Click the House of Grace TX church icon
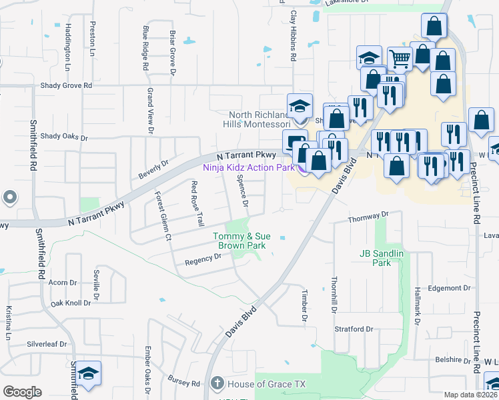pos(216,383)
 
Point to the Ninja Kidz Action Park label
pos(249,167)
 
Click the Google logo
pos(22,392)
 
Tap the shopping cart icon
pos(400,59)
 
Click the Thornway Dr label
pos(368,218)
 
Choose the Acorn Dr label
pos(63,283)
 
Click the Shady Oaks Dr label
pos(64,137)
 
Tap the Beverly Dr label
pos(153,167)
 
